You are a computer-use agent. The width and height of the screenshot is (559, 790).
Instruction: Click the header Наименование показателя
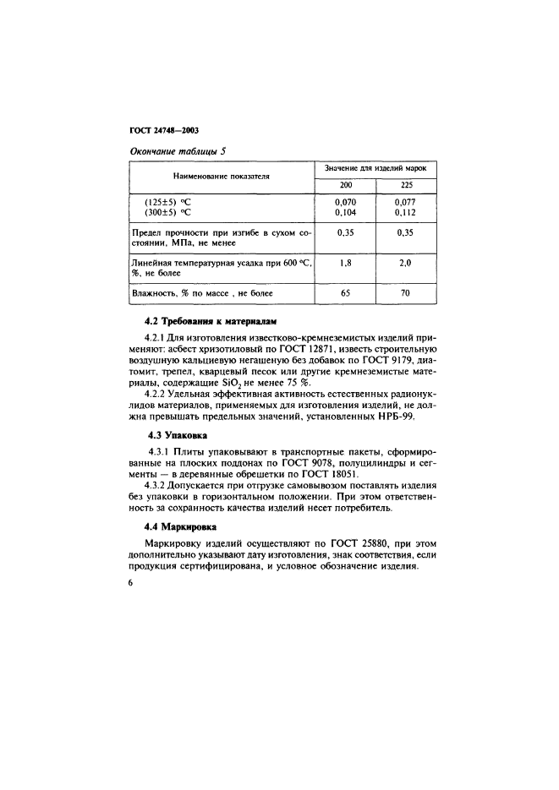[221, 177]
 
